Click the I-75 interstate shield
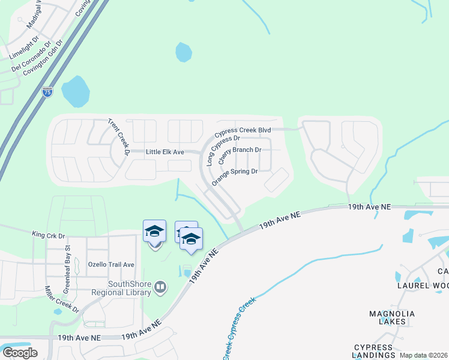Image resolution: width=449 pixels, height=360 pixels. (x=47, y=92)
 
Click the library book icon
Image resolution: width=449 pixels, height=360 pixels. (x=160, y=287)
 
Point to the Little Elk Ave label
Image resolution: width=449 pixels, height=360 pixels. (x=164, y=152)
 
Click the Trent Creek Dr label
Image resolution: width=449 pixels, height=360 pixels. (x=119, y=137)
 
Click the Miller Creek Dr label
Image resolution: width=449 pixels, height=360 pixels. (x=62, y=299)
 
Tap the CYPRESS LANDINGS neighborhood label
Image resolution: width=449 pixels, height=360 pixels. (x=373, y=351)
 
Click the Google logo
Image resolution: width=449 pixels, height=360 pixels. (x=20, y=353)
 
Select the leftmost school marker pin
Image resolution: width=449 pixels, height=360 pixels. (x=154, y=232)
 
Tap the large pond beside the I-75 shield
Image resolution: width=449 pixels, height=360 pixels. (x=76, y=91)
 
